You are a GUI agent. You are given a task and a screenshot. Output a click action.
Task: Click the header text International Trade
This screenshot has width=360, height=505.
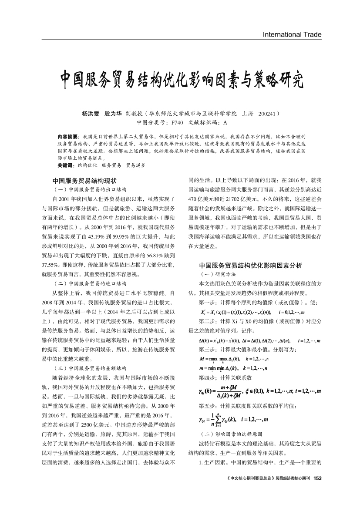click(292, 34)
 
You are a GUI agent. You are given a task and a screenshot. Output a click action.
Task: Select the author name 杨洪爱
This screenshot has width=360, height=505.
click(91, 114)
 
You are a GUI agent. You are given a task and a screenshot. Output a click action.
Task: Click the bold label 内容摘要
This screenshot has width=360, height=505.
click(67, 137)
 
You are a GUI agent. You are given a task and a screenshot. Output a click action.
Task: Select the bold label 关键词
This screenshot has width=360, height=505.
click(65, 166)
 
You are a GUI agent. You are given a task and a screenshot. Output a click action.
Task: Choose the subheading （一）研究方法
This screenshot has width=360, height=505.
click(217, 274)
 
